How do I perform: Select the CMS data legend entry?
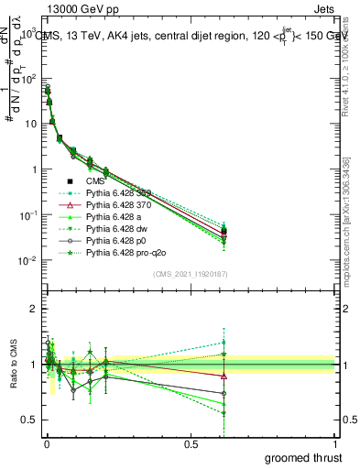coord(97,180)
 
